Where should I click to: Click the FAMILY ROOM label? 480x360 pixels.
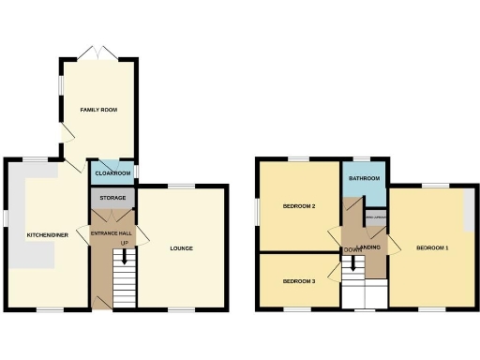tap(98, 110)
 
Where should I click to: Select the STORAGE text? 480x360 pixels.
tap(112, 198)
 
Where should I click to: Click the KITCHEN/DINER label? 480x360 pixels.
tap(45, 234)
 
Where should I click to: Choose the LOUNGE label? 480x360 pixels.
tap(181, 248)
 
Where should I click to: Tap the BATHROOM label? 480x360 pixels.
tap(364, 178)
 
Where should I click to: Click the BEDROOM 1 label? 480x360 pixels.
tap(432, 247)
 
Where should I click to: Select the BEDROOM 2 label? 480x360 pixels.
tap(299, 206)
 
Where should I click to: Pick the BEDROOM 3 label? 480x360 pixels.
tap(299, 281)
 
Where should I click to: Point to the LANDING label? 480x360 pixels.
tap(368, 247)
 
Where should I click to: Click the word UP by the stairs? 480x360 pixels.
tap(124, 243)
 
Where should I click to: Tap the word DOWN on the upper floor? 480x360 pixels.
tap(352, 249)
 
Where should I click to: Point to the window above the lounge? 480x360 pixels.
tap(181, 187)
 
